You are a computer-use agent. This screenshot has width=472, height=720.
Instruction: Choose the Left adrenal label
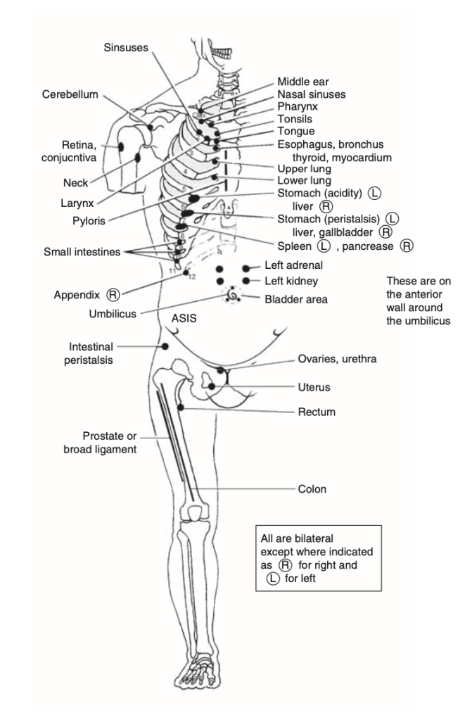click(293, 267)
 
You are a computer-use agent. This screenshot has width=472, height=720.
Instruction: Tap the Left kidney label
click(291, 281)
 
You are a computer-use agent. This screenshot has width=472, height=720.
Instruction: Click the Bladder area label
click(296, 298)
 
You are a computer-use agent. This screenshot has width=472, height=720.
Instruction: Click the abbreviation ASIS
click(184, 318)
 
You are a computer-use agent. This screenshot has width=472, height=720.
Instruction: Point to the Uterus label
click(314, 387)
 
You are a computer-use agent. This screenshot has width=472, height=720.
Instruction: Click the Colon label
click(312, 488)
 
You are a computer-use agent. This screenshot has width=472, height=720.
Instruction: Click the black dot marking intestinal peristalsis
click(165, 346)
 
